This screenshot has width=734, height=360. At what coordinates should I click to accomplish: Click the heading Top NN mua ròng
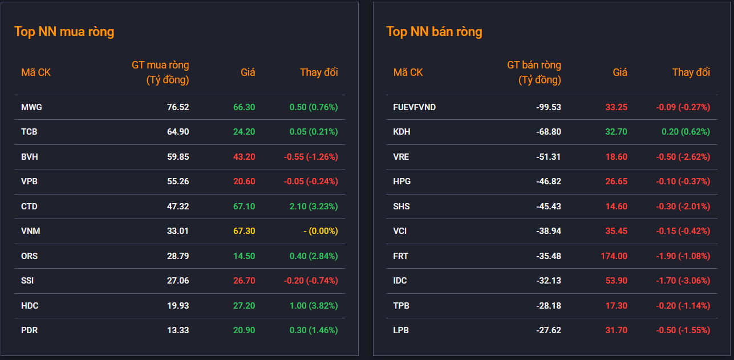[x=64, y=32]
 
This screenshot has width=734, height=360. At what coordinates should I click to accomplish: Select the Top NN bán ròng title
[x=434, y=32]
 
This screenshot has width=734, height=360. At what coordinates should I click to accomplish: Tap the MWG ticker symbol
[x=31, y=107]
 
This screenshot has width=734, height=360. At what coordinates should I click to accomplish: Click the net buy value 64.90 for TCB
[x=178, y=132]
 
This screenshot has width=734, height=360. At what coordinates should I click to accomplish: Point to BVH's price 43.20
[x=244, y=157]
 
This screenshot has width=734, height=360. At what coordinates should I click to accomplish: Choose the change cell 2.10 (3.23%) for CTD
[x=314, y=207]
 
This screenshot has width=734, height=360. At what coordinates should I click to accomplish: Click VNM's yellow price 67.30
[x=244, y=231]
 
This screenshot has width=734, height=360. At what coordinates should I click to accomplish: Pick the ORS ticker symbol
[x=30, y=256]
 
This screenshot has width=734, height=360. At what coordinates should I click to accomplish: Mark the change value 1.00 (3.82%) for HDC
[x=314, y=306]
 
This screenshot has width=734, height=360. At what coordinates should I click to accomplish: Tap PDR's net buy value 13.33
[x=178, y=330]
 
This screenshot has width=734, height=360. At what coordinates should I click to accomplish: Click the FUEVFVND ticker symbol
[x=415, y=107]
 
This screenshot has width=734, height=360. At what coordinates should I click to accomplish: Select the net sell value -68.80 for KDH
[x=549, y=132]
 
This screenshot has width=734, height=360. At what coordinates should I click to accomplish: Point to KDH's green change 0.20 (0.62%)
[x=686, y=132]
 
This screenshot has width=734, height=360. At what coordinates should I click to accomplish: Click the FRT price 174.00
[x=614, y=256]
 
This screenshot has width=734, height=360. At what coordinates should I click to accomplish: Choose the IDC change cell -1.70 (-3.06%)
[x=683, y=281]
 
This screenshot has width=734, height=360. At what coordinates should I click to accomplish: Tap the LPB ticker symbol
[x=401, y=330]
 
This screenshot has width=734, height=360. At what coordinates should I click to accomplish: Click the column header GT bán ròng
[x=534, y=65]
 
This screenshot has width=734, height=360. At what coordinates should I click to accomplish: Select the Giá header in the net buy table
[x=248, y=72]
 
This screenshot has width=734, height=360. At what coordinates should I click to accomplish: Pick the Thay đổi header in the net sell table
[x=691, y=72]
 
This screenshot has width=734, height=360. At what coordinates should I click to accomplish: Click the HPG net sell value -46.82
[x=549, y=181]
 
